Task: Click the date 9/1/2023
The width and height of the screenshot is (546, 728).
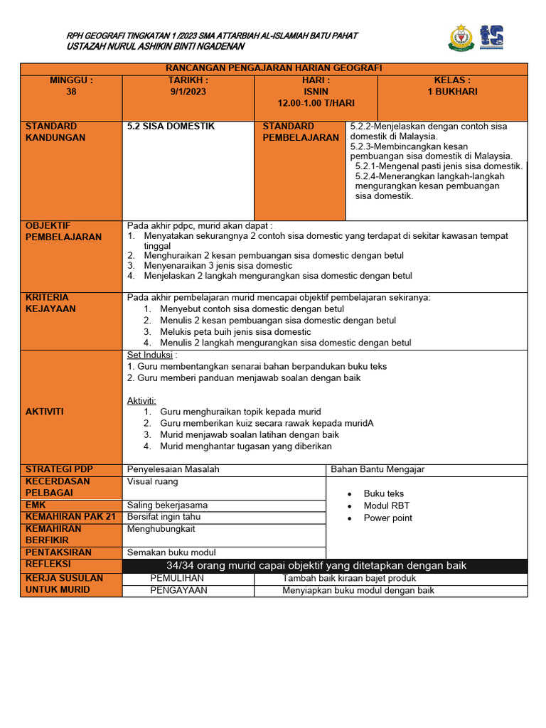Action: [188, 92]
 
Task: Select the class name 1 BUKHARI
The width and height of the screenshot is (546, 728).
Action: [452, 92]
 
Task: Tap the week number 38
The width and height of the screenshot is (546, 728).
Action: [71, 92]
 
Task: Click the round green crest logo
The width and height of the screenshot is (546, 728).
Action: [460, 38]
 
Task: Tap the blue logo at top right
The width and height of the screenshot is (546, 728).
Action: [491, 37]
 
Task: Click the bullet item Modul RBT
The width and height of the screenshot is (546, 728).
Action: [387, 505]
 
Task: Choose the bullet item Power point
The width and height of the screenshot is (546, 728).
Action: [387, 518]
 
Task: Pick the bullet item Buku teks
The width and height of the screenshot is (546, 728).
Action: [383, 493]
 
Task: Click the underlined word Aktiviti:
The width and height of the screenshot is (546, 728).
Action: [141, 401]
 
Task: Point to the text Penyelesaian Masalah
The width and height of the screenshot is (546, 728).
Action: [173, 469]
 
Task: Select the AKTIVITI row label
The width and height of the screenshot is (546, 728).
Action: [45, 412]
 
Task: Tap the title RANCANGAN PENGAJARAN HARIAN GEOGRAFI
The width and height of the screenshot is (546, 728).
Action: [274, 68]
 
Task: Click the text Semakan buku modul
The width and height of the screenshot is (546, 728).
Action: [171, 552]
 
